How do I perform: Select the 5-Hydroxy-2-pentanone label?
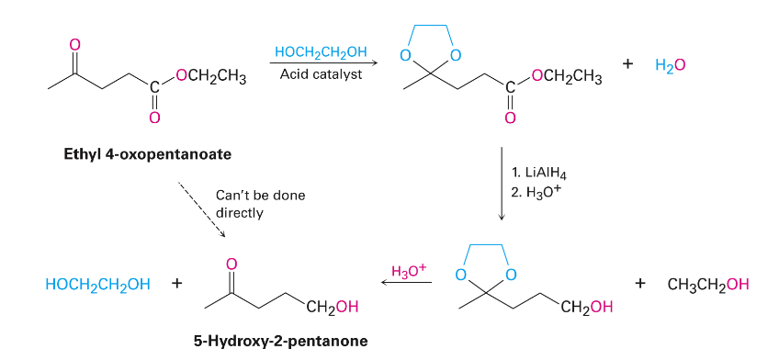click(x=280, y=341)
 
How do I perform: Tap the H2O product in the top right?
click(x=671, y=65)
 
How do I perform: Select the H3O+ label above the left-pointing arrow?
click(x=409, y=271)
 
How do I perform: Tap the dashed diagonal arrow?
click(x=202, y=208)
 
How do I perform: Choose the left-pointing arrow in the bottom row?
click(x=407, y=284)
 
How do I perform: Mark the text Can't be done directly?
click(x=260, y=204)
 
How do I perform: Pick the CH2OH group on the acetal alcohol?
click(x=586, y=307)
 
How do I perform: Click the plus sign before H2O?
click(x=628, y=65)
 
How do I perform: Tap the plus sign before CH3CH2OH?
click(x=641, y=284)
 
